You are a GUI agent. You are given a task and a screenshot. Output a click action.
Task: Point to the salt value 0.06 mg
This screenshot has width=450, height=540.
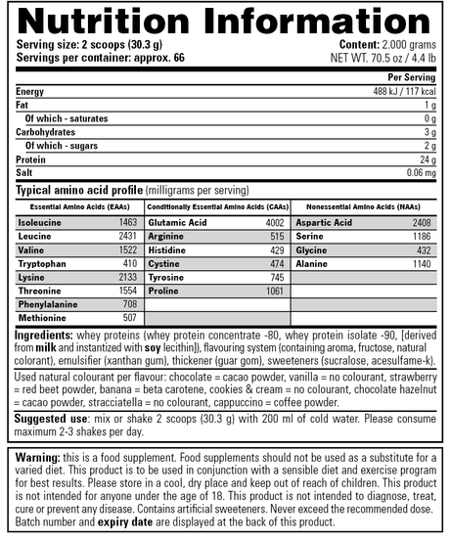[418, 171]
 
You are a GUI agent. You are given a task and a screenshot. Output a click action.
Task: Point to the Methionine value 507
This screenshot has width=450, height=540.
[129, 317]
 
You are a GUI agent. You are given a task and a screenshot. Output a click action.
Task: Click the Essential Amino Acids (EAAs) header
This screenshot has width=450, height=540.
[77, 207]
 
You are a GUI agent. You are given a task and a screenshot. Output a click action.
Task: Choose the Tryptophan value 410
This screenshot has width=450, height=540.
[129, 263]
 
